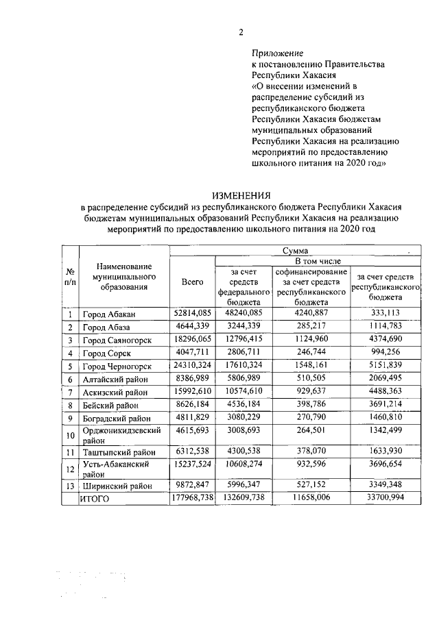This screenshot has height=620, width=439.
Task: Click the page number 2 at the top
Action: (x=241, y=32)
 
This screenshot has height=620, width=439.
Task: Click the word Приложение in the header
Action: (x=277, y=52)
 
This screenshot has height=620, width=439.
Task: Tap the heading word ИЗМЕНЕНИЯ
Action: (x=240, y=195)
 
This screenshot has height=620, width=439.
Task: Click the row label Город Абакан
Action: (x=110, y=314)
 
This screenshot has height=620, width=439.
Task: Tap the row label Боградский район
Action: (x=118, y=418)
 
